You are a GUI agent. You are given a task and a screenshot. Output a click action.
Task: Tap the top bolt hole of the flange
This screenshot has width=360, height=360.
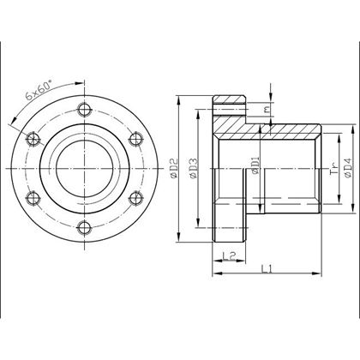[x=83, y=109]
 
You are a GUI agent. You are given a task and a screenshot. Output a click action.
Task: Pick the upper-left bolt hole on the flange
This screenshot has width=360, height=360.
[x=33, y=138]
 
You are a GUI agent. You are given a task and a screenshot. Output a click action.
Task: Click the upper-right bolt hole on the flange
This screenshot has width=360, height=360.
[x=134, y=138]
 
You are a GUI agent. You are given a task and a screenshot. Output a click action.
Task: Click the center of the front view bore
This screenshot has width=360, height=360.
[x=83, y=168]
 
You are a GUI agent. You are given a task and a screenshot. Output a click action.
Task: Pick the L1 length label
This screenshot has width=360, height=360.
[x=267, y=269]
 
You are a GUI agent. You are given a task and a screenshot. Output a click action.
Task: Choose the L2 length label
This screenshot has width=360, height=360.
[x=228, y=255]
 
